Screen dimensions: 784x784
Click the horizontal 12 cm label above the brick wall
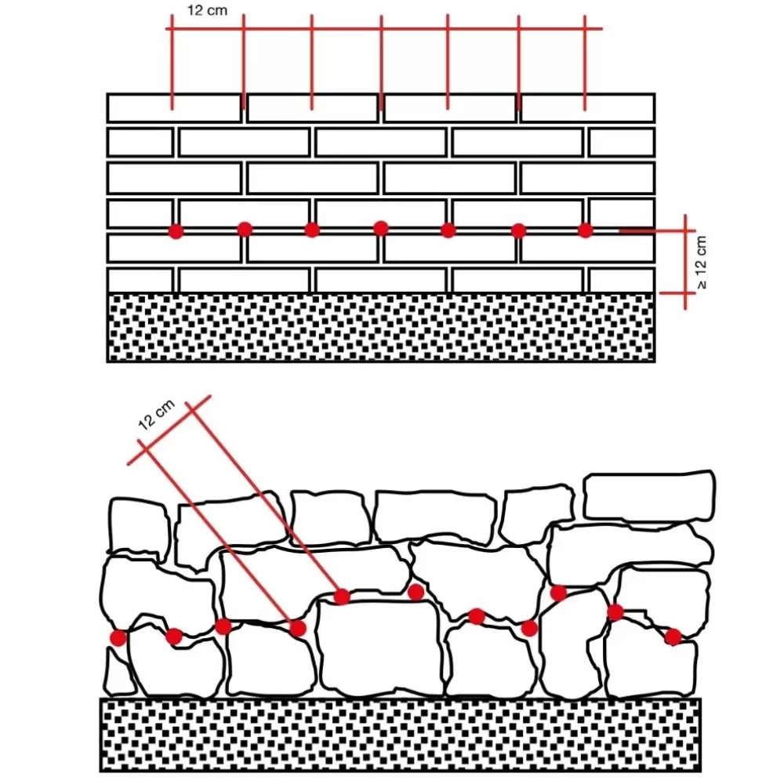(x=207, y=10)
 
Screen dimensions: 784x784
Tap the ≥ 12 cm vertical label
(x=702, y=263)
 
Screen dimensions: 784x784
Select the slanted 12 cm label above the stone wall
(x=156, y=415)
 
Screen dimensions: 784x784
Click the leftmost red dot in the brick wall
(x=176, y=231)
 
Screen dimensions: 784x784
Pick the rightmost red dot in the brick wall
(x=585, y=230)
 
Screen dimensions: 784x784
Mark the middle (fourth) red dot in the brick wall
(x=380, y=228)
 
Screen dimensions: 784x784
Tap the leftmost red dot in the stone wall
(x=118, y=637)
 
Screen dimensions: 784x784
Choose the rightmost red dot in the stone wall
(x=673, y=637)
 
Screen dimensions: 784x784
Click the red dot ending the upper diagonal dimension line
(x=342, y=596)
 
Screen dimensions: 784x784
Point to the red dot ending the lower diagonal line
(x=297, y=628)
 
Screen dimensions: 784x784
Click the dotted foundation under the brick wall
(x=381, y=327)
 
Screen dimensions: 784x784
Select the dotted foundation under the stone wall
(x=401, y=735)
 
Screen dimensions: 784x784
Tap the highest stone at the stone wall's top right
(x=649, y=496)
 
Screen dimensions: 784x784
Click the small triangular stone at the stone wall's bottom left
(x=118, y=673)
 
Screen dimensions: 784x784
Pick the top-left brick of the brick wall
(x=175, y=108)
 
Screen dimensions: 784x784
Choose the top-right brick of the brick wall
(x=587, y=108)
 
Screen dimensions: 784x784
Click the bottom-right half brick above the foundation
(x=622, y=281)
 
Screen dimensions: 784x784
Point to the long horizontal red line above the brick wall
(x=384, y=28)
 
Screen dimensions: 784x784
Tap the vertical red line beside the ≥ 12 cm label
(x=685, y=262)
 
